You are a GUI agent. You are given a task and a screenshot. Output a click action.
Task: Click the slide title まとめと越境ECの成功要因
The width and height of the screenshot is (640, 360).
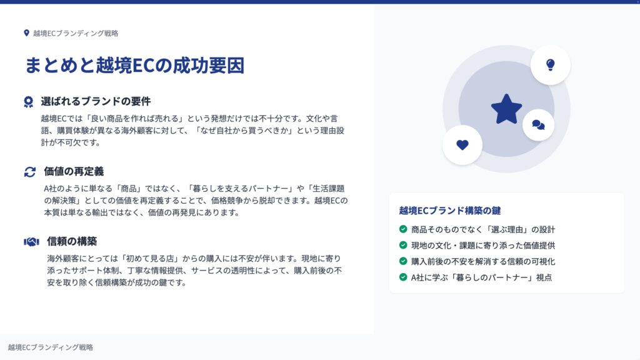click(x=135, y=65)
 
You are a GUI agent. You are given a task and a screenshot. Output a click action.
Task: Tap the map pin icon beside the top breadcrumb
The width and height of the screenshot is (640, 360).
click(x=26, y=33)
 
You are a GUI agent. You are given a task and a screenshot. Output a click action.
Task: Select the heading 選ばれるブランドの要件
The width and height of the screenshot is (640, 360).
click(x=96, y=101)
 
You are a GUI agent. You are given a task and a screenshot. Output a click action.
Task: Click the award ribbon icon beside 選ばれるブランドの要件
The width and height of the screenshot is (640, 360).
click(x=28, y=102)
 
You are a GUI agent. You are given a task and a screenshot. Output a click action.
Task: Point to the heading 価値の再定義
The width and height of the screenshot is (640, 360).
click(x=74, y=171)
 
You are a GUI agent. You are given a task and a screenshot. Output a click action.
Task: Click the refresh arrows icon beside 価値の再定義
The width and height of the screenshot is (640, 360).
click(x=30, y=172)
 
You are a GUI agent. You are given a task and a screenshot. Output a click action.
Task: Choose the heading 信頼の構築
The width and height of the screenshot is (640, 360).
click(x=72, y=241)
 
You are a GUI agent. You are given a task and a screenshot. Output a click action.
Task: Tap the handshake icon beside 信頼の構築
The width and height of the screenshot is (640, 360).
click(x=31, y=242)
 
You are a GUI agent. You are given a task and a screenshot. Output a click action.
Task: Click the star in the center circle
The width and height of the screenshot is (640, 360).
click(x=506, y=109)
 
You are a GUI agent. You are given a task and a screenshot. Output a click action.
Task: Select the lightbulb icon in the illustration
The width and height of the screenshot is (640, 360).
click(x=550, y=65)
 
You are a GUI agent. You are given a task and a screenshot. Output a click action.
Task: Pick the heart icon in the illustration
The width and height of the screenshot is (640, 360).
click(x=462, y=145)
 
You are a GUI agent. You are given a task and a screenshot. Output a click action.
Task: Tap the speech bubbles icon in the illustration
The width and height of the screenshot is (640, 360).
click(x=538, y=125)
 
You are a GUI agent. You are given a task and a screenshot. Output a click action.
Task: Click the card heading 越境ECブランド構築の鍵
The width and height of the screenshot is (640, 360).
click(x=450, y=211)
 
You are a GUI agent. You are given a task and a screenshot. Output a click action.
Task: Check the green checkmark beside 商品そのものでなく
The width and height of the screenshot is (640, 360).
click(x=403, y=229)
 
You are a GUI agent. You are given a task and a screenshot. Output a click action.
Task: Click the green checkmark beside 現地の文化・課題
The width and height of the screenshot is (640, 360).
click(x=403, y=245)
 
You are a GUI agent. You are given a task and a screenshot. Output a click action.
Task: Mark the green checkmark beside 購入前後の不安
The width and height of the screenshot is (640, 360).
click(x=403, y=261)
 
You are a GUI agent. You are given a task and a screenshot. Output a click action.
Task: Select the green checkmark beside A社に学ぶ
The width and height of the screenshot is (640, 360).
click(x=403, y=277)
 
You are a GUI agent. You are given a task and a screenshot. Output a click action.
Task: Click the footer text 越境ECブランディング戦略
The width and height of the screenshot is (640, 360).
click(x=51, y=347)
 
